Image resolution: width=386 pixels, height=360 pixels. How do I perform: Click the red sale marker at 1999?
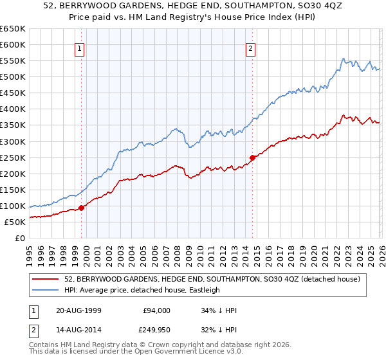[82, 208]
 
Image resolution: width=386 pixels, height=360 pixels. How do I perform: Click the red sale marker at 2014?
[252, 157]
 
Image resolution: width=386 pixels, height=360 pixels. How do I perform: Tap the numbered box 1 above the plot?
[79, 48]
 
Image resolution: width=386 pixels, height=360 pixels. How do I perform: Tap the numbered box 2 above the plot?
[250, 48]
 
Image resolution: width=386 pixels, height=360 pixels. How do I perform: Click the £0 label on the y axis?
[21, 238]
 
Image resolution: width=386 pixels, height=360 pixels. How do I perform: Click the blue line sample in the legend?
[46, 290]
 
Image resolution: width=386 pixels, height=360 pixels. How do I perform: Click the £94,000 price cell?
[156, 310]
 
